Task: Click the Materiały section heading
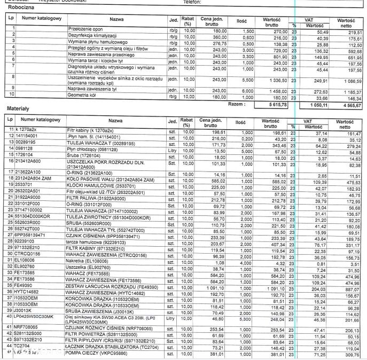[17, 108]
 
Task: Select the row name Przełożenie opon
[85, 29]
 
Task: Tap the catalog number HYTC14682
[27, 293]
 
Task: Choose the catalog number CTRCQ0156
[27, 254]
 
